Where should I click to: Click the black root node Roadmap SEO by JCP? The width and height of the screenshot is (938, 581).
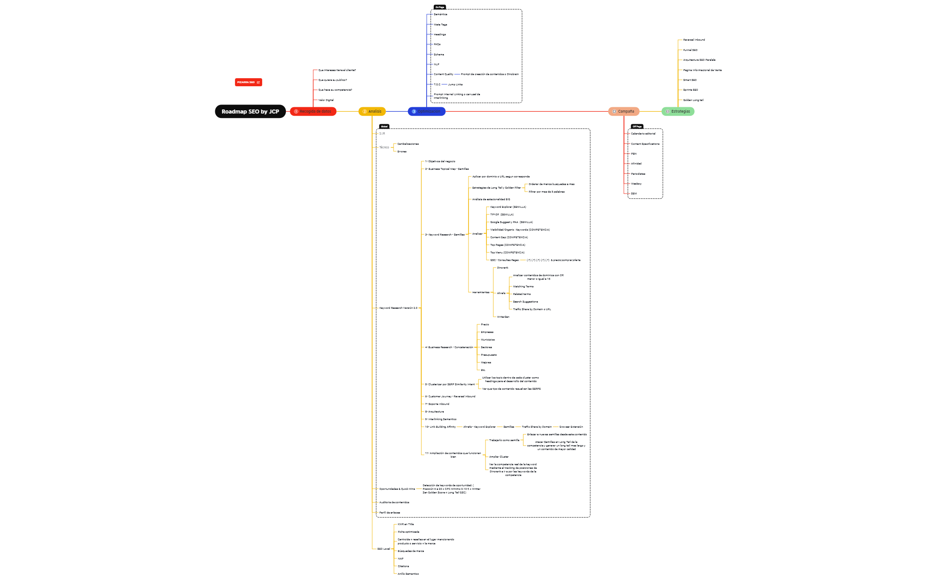pyautogui.click(x=250, y=111)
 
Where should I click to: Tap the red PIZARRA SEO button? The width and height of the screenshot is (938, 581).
pyautogui.click(x=248, y=82)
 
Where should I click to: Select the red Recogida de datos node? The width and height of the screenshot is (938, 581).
pyautogui.click(x=313, y=111)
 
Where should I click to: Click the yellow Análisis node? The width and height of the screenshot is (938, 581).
pyautogui.click(x=372, y=111)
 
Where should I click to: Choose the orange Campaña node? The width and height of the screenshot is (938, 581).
pyautogui.click(x=624, y=111)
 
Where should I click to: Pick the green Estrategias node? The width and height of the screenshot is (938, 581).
pyautogui.click(x=678, y=111)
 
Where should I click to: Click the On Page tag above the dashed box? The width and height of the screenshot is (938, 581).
pyautogui.click(x=440, y=7)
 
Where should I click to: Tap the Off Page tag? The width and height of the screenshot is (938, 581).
pyautogui.click(x=637, y=126)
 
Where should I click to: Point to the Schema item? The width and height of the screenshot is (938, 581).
pyautogui.click(x=439, y=55)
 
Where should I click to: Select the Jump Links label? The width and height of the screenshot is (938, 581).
pyautogui.click(x=455, y=84)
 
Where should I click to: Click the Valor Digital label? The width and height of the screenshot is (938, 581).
pyautogui.click(x=326, y=100)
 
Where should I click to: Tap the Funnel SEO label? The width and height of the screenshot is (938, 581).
pyautogui.click(x=690, y=50)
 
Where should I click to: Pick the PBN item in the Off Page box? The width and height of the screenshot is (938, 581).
pyautogui.click(x=634, y=154)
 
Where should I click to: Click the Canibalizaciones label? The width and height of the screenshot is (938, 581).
pyautogui.click(x=408, y=144)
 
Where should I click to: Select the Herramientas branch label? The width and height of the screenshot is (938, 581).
pyautogui.click(x=481, y=292)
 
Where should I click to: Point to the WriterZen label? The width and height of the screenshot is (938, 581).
pyautogui.click(x=503, y=317)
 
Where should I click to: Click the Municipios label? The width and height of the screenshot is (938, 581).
pyautogui.click(x=488, y=340)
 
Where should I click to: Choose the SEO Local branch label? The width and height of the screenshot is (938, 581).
pyautogui.click(x=384, y=549)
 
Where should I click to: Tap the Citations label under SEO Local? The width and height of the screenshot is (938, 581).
pyautogui.click(x=403, y=566)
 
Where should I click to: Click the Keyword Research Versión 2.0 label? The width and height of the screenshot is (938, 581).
pyautogui.click(x=398, y=308)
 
